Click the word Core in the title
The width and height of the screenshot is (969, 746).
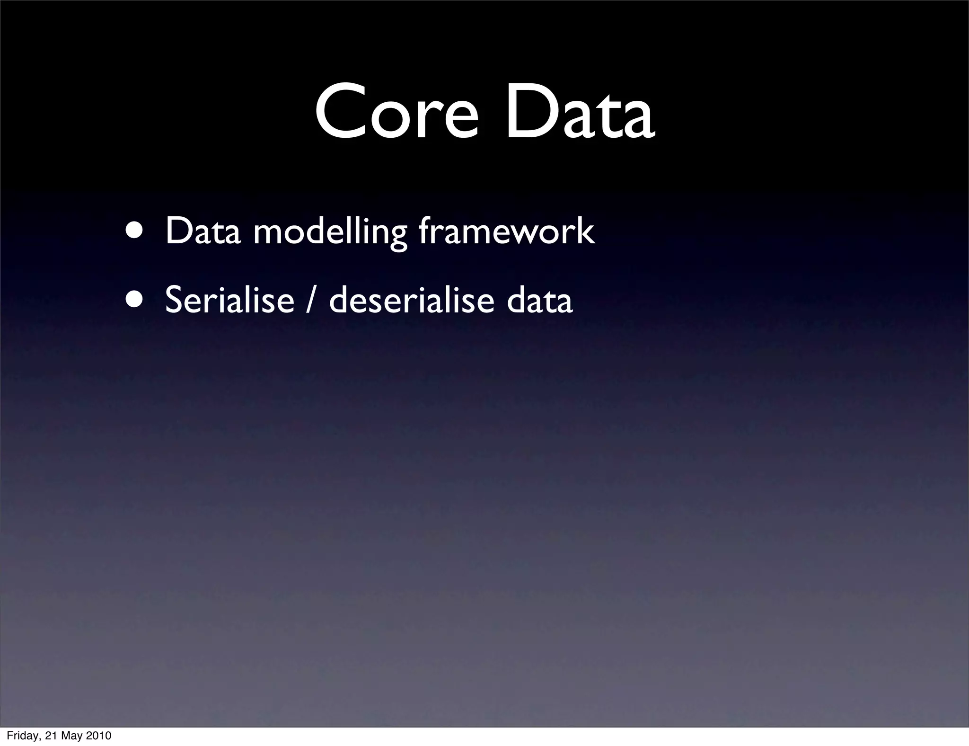click(x=397, y=112)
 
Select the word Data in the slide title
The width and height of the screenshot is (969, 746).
click(x=580, y=112)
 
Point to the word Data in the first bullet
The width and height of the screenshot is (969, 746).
click(x=203, y=231)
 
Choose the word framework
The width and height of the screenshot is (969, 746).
click(x=507, y=231)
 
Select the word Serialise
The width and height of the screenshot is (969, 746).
click(x=229, y=300)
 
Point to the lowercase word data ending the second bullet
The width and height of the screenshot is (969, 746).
click(x=539, y=300)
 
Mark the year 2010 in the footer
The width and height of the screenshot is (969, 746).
click(x=99, y=736)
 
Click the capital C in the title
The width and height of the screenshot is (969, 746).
click(x=338, y=112)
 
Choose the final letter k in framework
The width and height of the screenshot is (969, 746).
click(x=585, y=231)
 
